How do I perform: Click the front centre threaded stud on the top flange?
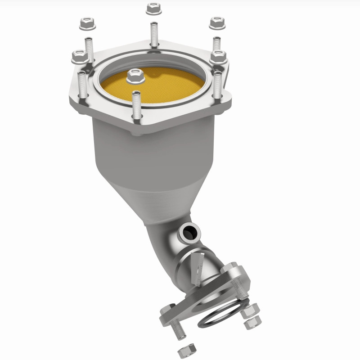[136, 104]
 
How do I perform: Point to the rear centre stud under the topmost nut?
[154, 34]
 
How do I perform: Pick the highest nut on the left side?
[86, 23]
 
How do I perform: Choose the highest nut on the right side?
[217, 22]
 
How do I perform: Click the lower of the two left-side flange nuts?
[80, 56]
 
